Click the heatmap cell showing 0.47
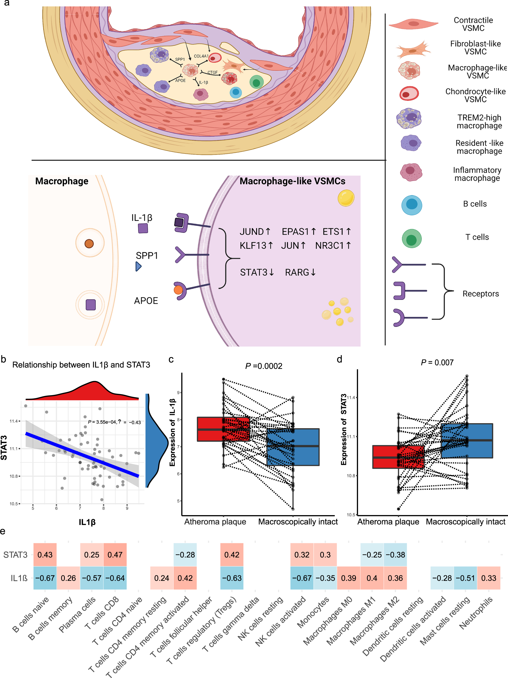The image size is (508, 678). tap(115, 555)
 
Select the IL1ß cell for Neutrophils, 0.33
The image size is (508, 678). tap(488, 578)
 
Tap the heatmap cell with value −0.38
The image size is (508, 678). tap(395, 555)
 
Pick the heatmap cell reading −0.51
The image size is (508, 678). tap(465, 578)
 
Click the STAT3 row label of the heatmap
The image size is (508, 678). tap(15, 555)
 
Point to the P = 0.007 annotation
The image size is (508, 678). tap(437, 363)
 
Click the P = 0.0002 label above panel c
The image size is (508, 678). tap(263, 366)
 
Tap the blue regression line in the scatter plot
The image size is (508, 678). tap(82, 455)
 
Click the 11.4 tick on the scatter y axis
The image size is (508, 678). tap(13, 421)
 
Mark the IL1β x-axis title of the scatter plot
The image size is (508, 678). tap(87, 522)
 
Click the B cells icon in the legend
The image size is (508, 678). tap(412, 205)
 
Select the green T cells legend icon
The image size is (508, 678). tap(412, 238)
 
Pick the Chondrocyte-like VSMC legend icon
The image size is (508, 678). tap(409, 93)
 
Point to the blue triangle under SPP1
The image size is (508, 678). tap(139, 266)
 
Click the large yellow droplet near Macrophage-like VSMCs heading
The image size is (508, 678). tap(346, 198)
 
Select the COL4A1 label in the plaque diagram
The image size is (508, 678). tap(201, 56)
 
